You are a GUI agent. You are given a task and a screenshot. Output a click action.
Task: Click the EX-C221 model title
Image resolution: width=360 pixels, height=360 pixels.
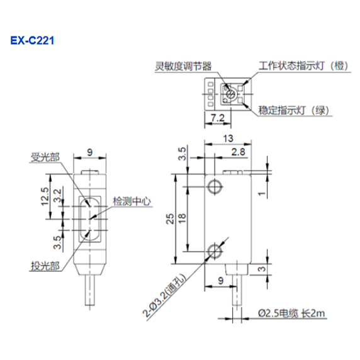click(x=32, y=41)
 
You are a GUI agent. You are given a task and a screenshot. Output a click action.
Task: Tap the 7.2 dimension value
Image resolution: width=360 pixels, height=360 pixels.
click(x=217, y=118)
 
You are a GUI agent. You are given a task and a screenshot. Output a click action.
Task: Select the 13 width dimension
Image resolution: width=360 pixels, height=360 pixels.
click(x=228, y=138)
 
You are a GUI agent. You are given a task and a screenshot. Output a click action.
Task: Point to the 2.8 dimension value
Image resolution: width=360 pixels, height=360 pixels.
click(x=238, y=152)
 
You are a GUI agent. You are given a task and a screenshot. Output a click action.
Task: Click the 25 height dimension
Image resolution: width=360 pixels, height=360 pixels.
click(x=171, y=218)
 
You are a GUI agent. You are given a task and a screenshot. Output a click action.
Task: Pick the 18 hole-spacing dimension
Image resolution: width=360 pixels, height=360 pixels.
click(x=182, y=218)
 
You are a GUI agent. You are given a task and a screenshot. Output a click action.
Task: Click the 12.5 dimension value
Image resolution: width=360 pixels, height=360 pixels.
click(x=45, y=196)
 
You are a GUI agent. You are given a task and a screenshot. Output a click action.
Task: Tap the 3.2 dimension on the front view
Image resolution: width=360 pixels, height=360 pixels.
click(x=57, y=196)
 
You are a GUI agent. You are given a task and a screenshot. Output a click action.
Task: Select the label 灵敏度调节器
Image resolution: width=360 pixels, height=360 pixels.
click(x=183, y=66)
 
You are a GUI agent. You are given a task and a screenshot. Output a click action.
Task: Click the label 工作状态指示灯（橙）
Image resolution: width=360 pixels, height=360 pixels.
click(x=303, y=66)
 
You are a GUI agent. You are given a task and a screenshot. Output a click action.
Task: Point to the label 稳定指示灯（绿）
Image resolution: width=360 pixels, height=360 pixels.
click(x=294, y=110)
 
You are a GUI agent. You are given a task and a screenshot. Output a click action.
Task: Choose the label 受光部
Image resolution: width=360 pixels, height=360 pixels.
click(x=45, y=157)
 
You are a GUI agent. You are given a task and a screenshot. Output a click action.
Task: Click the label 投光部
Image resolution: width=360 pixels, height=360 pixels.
click(x=45, y=266)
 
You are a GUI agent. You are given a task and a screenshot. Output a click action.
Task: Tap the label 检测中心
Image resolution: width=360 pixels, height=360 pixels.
click(x=132, y=201)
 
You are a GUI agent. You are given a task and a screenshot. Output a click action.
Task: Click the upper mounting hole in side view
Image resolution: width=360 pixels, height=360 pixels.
click(x=215, y=187)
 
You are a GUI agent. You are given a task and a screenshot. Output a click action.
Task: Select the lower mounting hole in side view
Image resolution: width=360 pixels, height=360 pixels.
click(x=215, y=251)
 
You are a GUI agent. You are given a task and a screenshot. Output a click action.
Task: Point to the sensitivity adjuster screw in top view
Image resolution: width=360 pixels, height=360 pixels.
click(x=230, y=94)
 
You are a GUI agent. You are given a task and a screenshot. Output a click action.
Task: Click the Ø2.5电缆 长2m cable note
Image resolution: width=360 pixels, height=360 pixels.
click(x=291, y=313)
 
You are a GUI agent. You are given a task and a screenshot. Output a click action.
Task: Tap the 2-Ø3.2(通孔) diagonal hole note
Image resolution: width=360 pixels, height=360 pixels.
click(x=164, y=295)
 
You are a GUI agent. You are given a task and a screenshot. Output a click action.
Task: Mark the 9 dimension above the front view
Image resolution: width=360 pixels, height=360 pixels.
click(x=90, y=152)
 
